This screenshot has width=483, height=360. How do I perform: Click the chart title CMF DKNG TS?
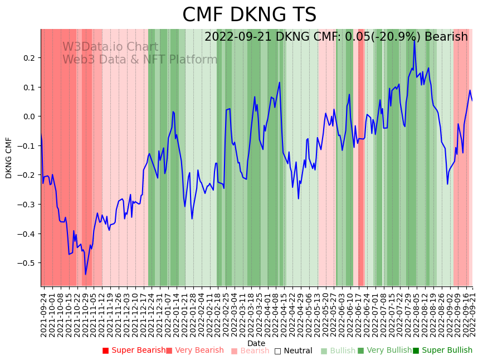pos(249,15)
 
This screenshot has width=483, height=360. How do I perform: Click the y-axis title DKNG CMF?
pos(9,157)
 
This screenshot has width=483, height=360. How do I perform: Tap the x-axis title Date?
pos(256,343)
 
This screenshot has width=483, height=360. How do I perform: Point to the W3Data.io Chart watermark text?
pos(110,47)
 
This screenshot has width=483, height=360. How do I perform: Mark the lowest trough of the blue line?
pos(86,274)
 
